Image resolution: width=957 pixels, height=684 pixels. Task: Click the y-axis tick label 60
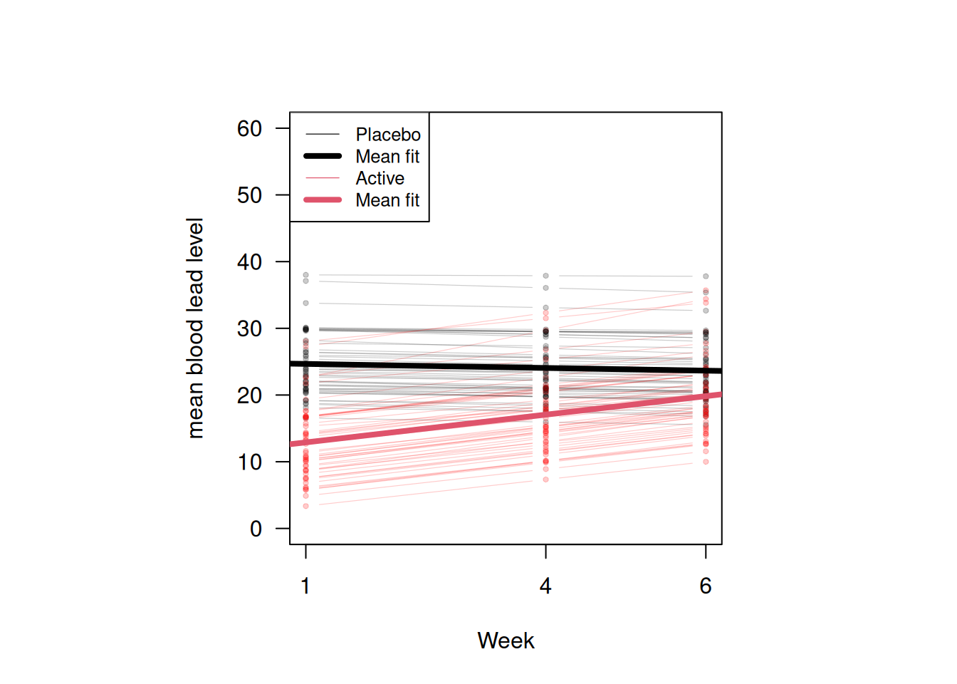coord(249,129)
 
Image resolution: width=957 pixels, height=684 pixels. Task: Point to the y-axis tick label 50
coord(249,195)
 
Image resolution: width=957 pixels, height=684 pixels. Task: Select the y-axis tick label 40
coord(249,262)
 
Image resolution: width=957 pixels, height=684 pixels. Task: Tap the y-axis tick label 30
coord(249,328)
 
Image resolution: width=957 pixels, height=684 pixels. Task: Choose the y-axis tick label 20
coord(249,395)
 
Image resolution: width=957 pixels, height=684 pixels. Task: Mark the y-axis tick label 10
coord(249,462)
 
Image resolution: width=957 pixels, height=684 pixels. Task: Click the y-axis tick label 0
coord(256,529)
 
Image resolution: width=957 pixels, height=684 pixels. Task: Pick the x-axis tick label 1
coord(305,586)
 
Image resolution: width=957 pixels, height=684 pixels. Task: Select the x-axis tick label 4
coord(545,586)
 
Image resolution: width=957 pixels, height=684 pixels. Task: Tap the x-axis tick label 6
coord(706,586)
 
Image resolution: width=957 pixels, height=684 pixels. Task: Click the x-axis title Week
coord(506,641)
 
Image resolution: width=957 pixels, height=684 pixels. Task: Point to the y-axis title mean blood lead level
coord(195,328)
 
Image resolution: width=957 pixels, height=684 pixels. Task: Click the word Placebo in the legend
coord(388,135)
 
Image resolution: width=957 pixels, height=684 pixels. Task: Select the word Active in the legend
coord(380,178)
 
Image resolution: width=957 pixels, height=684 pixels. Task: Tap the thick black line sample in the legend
coord(323,156)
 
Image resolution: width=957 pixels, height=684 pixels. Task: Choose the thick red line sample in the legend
coord(323,199)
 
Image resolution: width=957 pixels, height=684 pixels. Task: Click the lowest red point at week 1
coord(306,506)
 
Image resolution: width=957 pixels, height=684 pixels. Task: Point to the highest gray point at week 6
coord(706,276)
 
